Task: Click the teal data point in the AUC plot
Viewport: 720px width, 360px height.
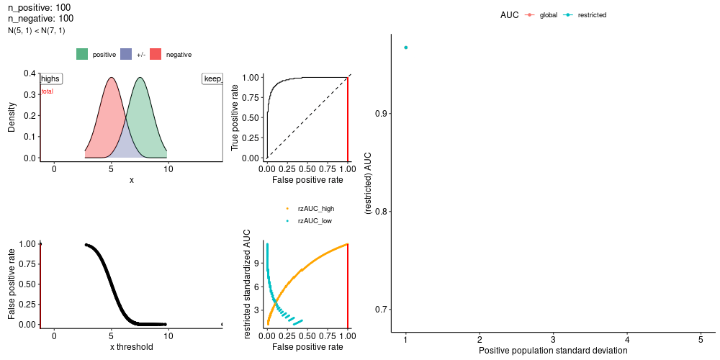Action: pos(405,48)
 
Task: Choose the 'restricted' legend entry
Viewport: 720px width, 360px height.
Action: pos(585,15)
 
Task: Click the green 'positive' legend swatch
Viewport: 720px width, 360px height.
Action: pos(83,54)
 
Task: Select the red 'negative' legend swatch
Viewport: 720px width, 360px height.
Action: pos(156,54)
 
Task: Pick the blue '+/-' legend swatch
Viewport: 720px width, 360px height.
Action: pos(126,54)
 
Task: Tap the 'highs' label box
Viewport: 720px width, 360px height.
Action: pos(51,79)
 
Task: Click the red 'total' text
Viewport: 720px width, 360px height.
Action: pos(48,91)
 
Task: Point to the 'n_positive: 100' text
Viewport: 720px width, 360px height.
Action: pos(40,8)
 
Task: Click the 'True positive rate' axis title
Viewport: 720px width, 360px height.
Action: pos(235,118)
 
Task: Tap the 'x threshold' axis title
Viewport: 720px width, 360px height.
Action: pos(131,347)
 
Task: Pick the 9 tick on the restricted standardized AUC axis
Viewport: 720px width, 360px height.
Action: pos(258,264)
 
